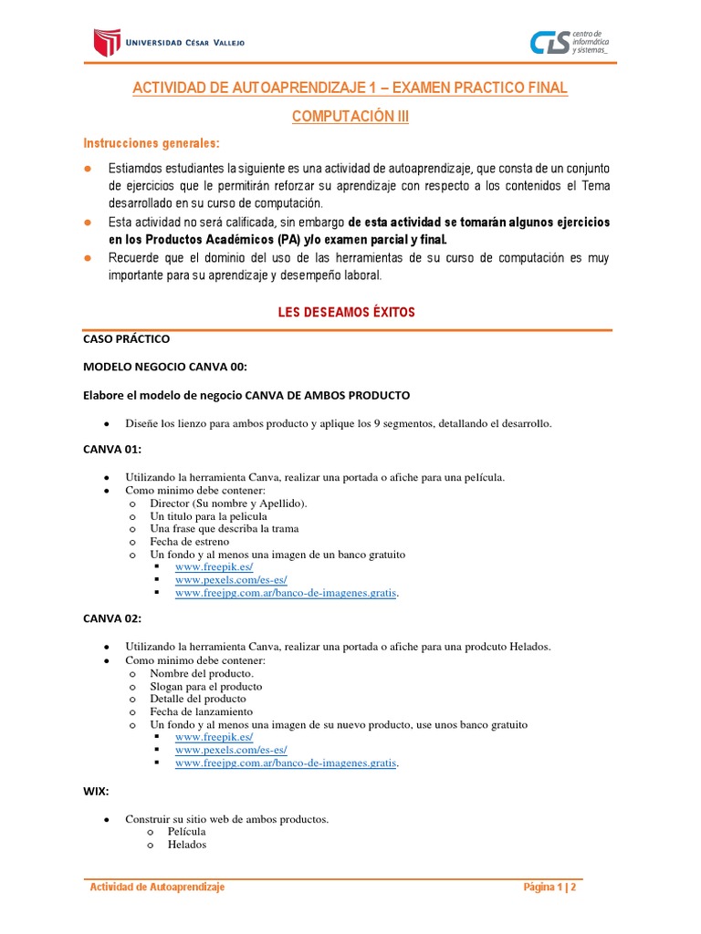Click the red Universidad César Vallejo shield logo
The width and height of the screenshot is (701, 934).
(x=107, y=42)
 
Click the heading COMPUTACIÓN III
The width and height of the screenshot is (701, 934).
(x=350, y=118)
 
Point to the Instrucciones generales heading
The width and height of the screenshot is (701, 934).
(x=152, y=144)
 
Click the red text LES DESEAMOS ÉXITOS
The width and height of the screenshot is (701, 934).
(x=346, y=312)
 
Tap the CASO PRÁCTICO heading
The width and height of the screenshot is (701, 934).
(x=126, y=338)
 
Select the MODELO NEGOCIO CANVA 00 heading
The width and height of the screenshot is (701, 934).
(x=164, y=367)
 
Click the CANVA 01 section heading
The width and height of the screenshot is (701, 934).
(x=112, y=450)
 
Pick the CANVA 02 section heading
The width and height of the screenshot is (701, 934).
(x=112, y=618)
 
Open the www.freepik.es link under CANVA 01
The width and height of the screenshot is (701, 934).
(x=214, y=566)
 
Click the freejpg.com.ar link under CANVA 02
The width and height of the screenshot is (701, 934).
(x=286, y=762)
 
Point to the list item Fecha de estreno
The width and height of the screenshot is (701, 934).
(x=189, y=541)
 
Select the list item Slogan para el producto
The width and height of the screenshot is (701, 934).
(x=205, y=686)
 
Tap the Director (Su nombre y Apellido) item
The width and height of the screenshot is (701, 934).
(x=228, y=503)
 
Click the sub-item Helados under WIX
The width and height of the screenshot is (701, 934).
(x=187, y=845)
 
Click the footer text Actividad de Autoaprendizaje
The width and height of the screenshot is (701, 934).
(x=156, y=887)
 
